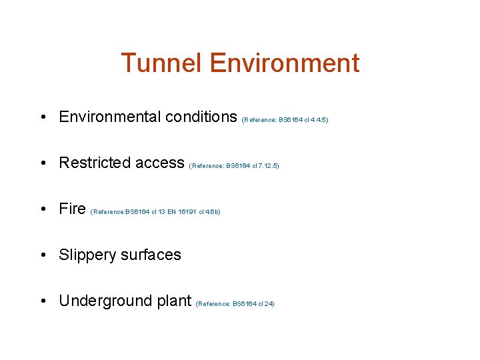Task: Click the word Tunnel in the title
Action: pos(162,63)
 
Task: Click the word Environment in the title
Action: pos(284,63)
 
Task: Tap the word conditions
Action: pos(201,117)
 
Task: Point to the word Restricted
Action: pos(93,163)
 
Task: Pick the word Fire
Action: pos(72,209)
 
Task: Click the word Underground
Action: pos(103,301)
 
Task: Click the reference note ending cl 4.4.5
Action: pos(285,120)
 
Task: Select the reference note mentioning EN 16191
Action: pos(155,212)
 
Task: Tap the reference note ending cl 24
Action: pos(235,304)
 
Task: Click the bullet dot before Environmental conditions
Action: pos(43,117)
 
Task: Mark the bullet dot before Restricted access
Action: pos(43,163)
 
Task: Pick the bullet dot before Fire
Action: pos(43,209)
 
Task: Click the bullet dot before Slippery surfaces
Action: pos(43,255)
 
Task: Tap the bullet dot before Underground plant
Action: pos(43,301)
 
